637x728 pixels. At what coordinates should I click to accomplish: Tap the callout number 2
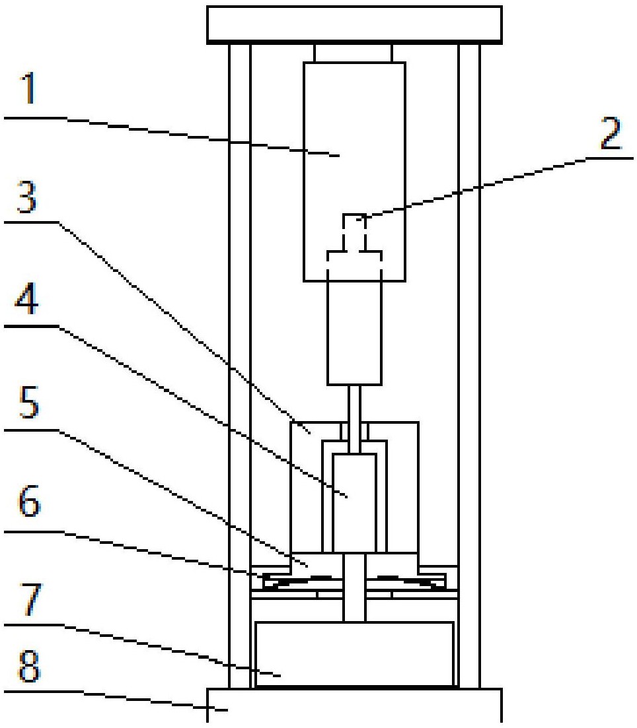(x=611, y=133)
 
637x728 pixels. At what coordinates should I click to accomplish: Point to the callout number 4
(x=26, y=299)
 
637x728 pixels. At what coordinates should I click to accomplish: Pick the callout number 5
(x=28, y=403)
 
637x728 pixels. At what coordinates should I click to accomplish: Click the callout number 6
(x=29, y=502)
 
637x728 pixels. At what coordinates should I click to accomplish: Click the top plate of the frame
(x=354, y=25)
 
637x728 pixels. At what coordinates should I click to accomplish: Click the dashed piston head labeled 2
(x=354, y=238)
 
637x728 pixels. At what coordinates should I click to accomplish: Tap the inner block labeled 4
(x=354, y=504)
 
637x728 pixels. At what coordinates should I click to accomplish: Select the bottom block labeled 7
(x=354, y=653)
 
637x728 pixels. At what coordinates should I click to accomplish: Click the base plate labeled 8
(x=354, y=706)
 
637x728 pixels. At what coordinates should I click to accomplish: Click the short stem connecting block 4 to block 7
(x=354, y=587)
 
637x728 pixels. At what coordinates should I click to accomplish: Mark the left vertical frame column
(x=240, y=366)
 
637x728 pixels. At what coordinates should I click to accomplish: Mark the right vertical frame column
(x=468, y=366)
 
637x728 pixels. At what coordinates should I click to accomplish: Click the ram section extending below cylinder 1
(x=354, y=333)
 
